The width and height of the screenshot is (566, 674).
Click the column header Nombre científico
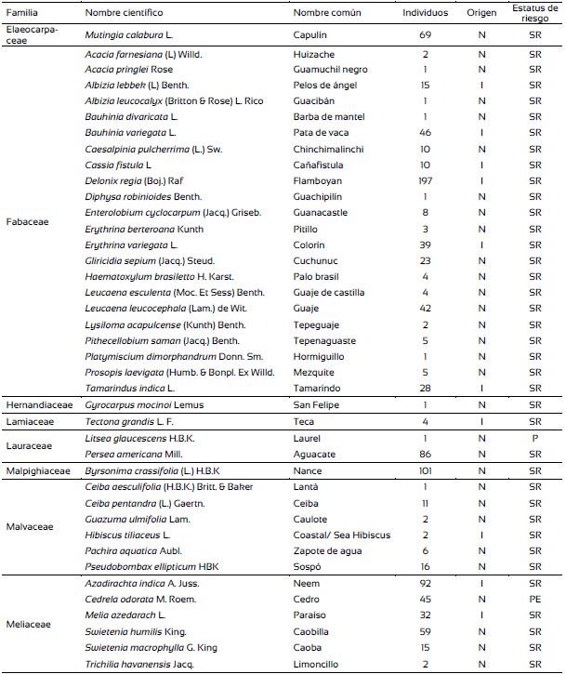(124, 13)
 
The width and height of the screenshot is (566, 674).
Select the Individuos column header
(425, 13)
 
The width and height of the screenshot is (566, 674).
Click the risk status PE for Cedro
(534, 599)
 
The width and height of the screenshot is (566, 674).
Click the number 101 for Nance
(425, 471)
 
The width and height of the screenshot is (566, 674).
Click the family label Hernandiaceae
(37, 405)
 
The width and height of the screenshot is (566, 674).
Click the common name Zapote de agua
(325, 551)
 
